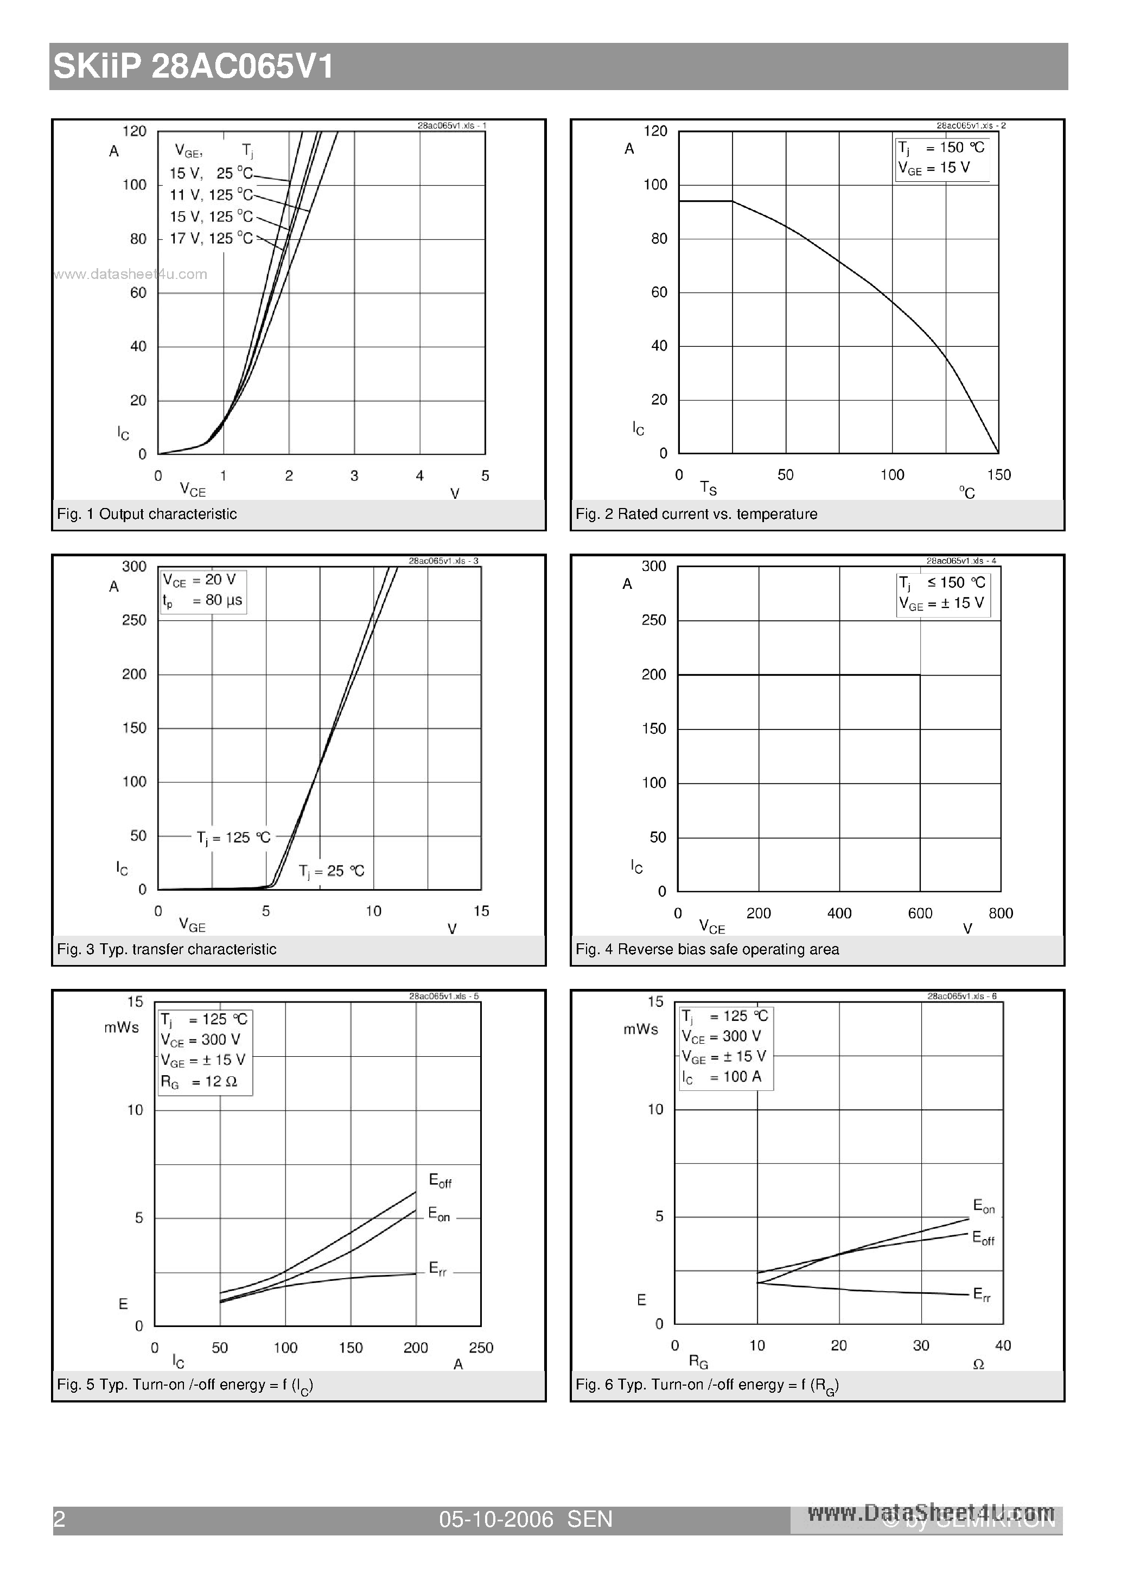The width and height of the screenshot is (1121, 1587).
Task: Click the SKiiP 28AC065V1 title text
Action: click(194, 67)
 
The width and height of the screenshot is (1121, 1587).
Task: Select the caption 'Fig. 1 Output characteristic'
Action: click(147, 514)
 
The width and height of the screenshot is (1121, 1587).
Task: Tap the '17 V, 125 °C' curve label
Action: click(212, 238)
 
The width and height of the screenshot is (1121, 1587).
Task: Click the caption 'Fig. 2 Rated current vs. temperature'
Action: click(696, 514)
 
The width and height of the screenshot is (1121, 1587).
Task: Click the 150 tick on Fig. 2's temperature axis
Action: click(999, 475)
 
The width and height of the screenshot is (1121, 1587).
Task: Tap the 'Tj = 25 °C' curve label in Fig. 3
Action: click(332, 871)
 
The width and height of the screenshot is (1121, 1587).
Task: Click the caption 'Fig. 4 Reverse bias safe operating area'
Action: click(707, 950)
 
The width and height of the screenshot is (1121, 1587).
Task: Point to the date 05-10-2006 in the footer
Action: click(496, 1519)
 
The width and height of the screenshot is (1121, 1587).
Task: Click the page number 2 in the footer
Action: click(60, 1519)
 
